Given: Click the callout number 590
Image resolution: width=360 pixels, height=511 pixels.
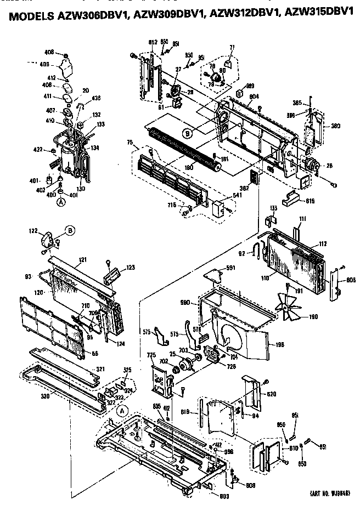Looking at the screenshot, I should [x=185, y=302].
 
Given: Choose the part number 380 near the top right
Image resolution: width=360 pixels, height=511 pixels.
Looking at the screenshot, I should [x=335, y=126].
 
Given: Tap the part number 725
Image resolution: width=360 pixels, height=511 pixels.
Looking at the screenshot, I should [x=152, y=356].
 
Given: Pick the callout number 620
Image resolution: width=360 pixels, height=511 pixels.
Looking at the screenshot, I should [x=271, y=394].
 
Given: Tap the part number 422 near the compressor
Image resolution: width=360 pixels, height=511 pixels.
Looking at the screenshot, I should [x=38, y=149].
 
